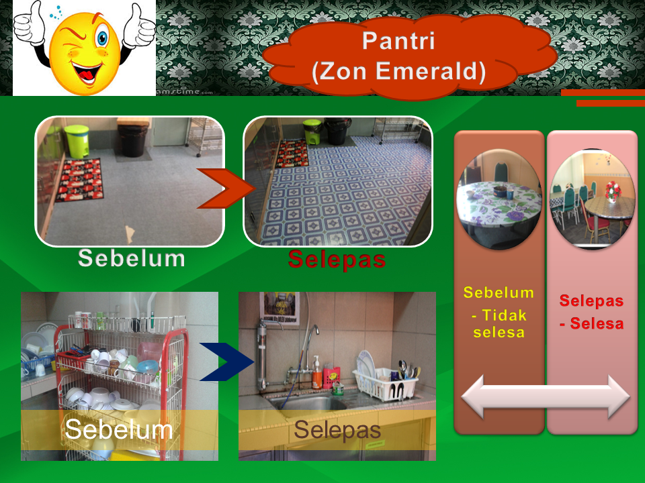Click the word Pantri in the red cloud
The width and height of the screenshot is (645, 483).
(x=398, y=41)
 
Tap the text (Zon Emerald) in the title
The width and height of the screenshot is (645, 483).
(x=398, y=70)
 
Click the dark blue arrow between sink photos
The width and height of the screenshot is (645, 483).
(x=227, y=362)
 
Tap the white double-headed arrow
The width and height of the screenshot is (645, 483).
(x=546, y=396)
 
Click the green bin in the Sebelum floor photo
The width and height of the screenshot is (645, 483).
(x=77, y=141)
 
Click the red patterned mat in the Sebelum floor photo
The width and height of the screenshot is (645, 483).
(x=80, y=180)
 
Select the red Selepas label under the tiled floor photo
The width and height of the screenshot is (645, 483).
(x=337, y=259)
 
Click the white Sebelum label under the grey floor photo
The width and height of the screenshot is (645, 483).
(x=132, y=258)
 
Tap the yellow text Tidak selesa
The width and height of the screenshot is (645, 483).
(x=499, y=323)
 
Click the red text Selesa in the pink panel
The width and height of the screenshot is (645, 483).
(x=597, y=323)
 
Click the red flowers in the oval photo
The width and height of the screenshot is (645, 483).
(x=613, y=190)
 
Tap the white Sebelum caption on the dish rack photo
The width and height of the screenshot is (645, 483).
(x=118, y=429)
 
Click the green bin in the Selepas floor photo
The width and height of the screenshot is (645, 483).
(x=312, y=131)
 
